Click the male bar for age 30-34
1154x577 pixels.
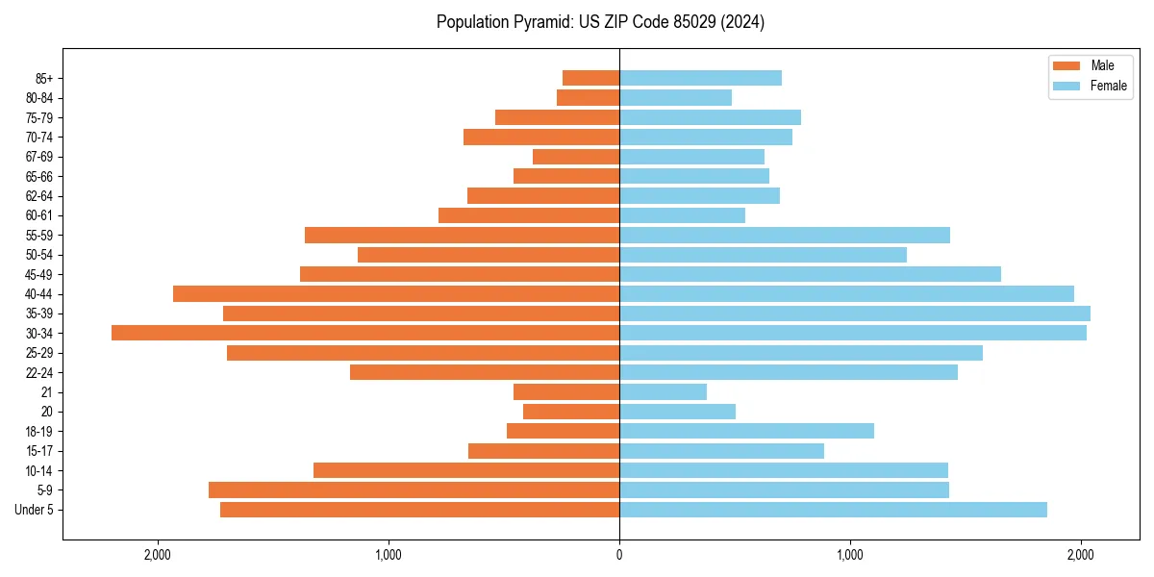[x=365, y=333]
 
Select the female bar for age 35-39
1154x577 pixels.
[x=855, y=314]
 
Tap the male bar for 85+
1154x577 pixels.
[x=590, y=78]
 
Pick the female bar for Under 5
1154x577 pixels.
[x=833, y=510]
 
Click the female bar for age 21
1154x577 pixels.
[x=663, y=391]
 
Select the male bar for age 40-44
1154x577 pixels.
[x=396, y=293]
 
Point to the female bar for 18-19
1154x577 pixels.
[x=746, y=431]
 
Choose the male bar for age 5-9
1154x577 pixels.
[x=414, y=490]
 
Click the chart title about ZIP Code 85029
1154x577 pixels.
[x=600, y=22]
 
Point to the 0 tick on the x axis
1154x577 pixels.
[x=619, y=555]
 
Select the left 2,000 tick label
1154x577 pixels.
[x=158, y=555]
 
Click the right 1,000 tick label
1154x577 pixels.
[x=850, y=555]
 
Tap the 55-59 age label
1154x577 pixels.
[x=38, y=235]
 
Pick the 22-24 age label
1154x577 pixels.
[x=38, y=372]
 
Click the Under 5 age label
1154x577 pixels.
[x=35, y=510]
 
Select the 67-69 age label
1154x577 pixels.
[x=38, y=157]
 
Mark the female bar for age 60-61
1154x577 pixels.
[x=682, y=215]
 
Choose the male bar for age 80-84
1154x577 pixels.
[x=588, y=97]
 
